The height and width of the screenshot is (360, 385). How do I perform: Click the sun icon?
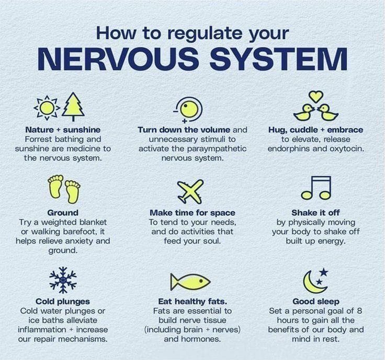47,108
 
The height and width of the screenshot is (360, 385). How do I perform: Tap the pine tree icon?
73,107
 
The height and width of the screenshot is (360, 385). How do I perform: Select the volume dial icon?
188,110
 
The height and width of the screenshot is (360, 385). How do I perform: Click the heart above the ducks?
316,97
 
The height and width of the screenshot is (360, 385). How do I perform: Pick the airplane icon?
190,191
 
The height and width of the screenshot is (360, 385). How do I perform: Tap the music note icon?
316,188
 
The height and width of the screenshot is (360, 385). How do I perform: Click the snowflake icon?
63,280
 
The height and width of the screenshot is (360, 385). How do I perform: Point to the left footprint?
55,187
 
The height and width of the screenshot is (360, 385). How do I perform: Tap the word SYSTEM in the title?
278,59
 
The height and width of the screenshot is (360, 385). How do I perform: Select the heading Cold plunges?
63,301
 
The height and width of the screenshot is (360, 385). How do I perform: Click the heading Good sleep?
316,301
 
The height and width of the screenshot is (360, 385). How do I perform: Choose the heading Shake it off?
316,213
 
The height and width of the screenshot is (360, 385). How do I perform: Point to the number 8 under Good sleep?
359,311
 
